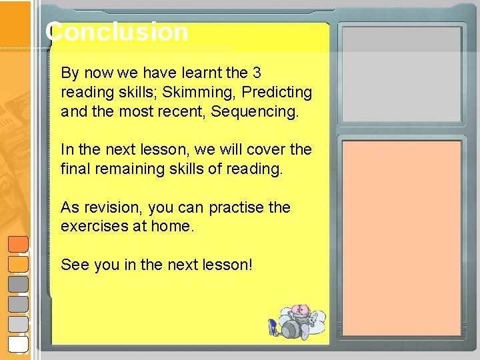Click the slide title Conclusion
pos(117,32)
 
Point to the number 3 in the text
pos(257,72)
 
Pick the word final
pos(76,169)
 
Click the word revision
pos(107,207)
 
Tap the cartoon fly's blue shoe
pos(272,327)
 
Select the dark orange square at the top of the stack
pos(19,245)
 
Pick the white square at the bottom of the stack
pos(19,343)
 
